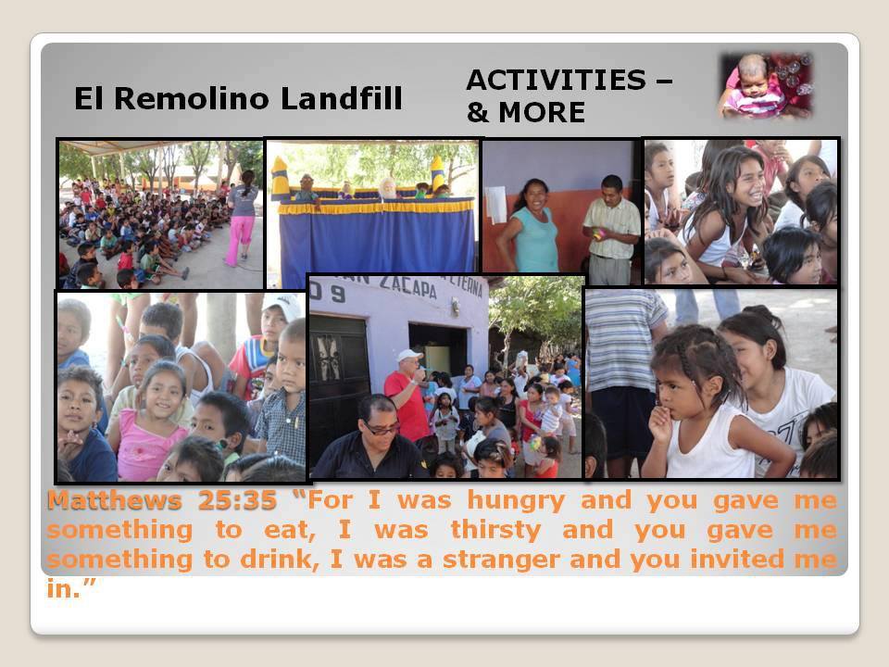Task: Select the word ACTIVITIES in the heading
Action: coord(557,80)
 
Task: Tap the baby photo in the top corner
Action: coord(766,85)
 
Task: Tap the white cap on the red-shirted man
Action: coord(408,356)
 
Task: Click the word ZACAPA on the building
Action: coord(408,286)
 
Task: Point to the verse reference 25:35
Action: coord(237,500)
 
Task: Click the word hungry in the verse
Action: coord(516,501)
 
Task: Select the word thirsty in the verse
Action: coord(495,531)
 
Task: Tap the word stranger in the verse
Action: coord(501,560)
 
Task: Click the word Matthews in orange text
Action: coord(114,500)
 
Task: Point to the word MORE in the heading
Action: coord(542,112)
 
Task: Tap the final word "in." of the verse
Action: coord(70,589)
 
